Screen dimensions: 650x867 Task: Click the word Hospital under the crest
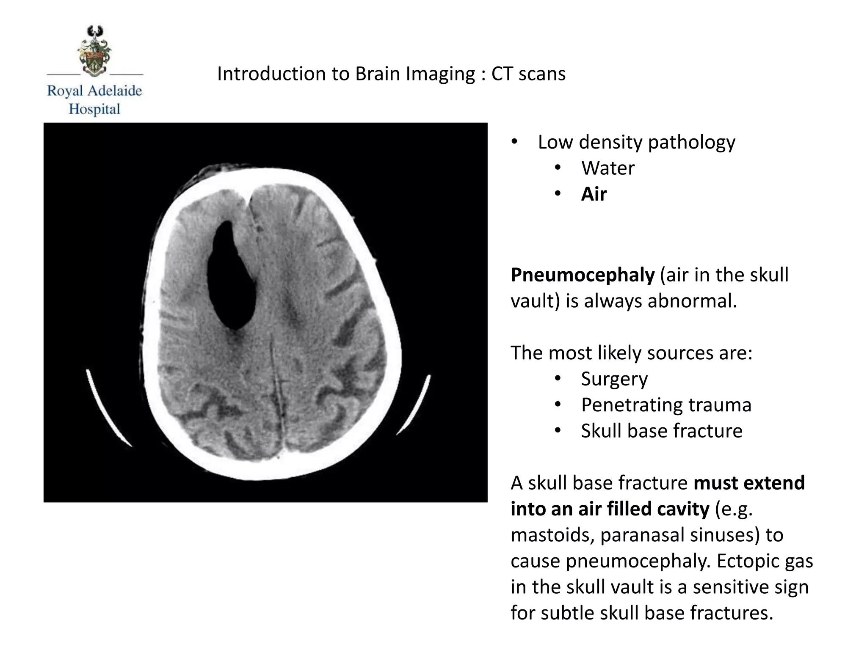tap(94, 109)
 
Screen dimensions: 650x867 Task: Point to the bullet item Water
tap(607, 168)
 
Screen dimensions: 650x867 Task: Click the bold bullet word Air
tap(594, 194)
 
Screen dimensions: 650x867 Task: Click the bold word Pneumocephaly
tap(583, 275)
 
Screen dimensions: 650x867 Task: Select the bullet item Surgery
tap(614, 379)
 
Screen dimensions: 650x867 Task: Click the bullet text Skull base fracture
tap(661, 431)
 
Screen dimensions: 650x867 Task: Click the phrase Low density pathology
tap(636, 142)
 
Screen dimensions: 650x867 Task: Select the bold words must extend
tap(749, 483)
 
